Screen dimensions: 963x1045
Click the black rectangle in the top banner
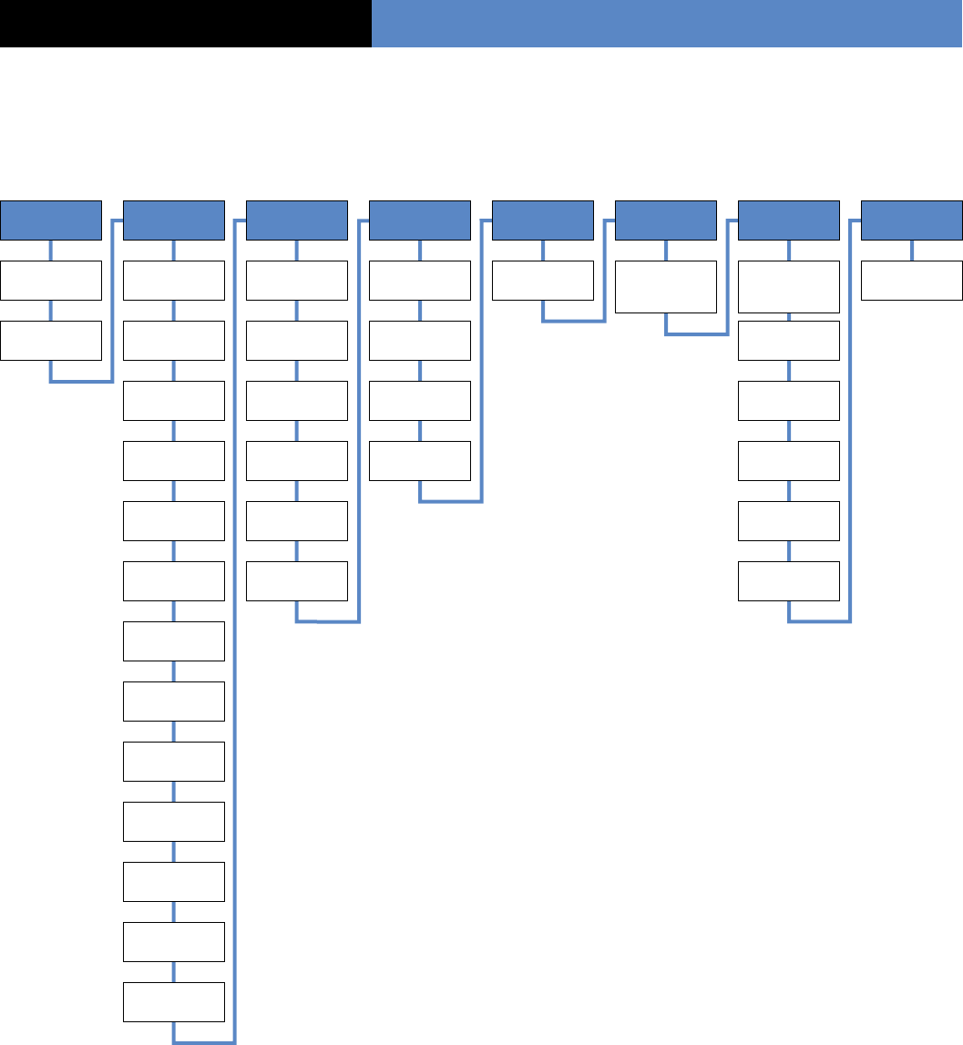pyautogui.click(x=185, y=24)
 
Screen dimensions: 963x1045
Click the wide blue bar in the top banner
pyautogui.click(x=667, y=24)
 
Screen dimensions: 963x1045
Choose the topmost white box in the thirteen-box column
pyautogui.click(x=173, y=281)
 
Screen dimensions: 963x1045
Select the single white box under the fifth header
pyautogui.click(x=543, y=281)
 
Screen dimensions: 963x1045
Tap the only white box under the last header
pyautogui.click(x=912, y=281)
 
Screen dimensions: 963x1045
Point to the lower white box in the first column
pyautogui.click(x=51, y=341)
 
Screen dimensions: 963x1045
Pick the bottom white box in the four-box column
pyautogui.click(x=420, y=461)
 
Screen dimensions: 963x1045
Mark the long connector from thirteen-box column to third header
pyautogui.click(x=235, y=638)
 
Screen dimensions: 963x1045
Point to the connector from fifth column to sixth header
pyautogui.click(x=604, y=273)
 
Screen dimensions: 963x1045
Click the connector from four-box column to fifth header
pyautogui.click(x=481, y=364)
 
